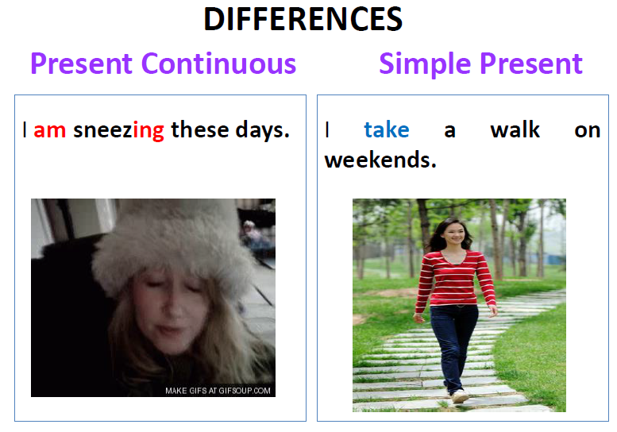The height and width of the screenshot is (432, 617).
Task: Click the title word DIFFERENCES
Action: (303, 19)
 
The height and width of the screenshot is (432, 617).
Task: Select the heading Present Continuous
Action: (164, 64)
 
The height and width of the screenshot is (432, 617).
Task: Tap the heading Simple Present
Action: (480, 64)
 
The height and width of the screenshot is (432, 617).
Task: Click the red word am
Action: (49, 130)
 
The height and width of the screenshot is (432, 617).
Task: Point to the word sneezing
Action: (118, 131)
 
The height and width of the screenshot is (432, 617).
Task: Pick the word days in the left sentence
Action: (262, 130)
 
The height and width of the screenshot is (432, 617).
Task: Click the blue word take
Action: (387, 129)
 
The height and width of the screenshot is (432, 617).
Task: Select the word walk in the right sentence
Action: (515, 129)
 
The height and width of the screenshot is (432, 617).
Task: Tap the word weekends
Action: (380, 160)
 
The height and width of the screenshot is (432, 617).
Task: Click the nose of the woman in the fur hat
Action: (172, 310)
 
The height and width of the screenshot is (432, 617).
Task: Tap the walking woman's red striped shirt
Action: (454, 278)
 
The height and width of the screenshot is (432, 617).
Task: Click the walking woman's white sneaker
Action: (460, 396)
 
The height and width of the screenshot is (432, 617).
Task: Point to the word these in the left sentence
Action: (200, 129)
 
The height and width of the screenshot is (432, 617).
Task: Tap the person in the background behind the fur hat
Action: (252, 235)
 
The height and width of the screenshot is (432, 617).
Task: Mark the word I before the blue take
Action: (327, 129)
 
